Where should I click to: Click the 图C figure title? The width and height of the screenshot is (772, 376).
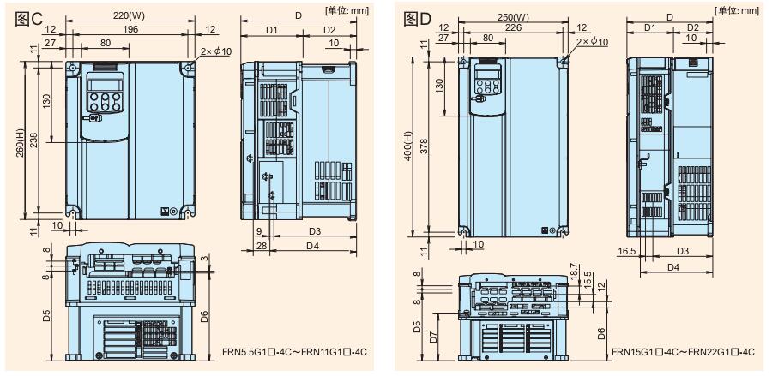coord(29,19)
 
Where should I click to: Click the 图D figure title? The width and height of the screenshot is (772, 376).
coord(417,19)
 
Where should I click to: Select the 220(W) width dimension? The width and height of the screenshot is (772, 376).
coord(130,15)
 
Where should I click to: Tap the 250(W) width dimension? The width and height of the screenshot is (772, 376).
coord(513,17)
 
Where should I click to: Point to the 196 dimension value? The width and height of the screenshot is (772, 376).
coord(130,29)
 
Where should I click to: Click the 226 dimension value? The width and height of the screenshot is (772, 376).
coord(513,28)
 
